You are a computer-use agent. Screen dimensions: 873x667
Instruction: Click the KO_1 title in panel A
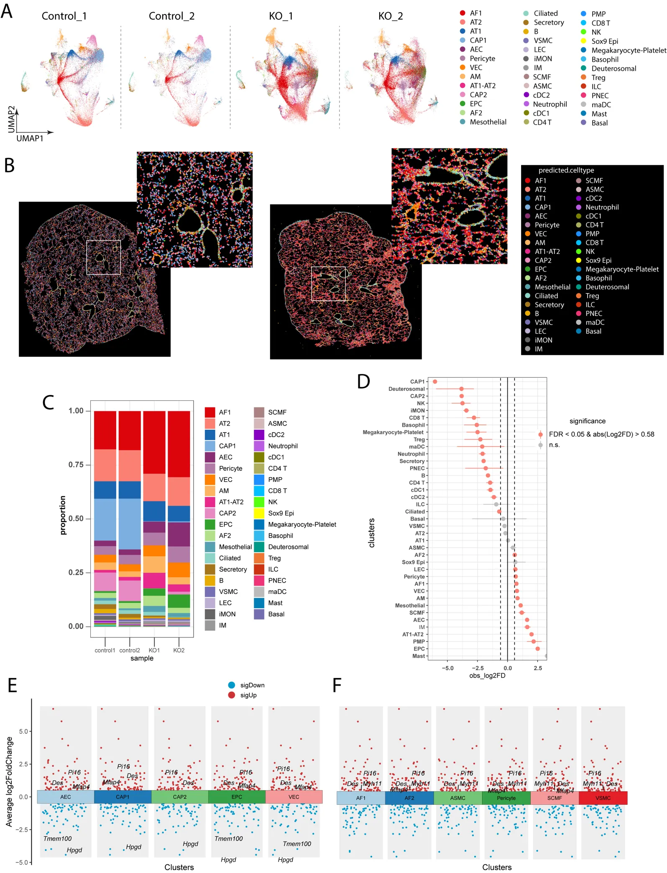(281, 16)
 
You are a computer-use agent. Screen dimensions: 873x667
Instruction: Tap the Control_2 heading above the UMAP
(171, 16)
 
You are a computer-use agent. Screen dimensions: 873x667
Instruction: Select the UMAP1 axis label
(30, 138)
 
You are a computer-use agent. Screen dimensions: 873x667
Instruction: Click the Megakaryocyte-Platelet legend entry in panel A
(629, 50)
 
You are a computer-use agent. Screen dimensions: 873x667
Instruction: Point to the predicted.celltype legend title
(566, 170)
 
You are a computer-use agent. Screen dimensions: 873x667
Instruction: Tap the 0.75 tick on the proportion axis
(76, 465)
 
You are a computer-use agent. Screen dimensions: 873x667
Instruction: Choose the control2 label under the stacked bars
(130, 650)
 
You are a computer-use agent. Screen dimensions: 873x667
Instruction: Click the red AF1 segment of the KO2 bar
(179, 443)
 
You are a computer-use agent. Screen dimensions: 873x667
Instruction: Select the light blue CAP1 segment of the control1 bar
(105, 519)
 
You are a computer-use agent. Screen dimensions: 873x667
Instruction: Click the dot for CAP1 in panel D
(435, 381)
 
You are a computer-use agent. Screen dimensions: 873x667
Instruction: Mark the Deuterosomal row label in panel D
(406, 389)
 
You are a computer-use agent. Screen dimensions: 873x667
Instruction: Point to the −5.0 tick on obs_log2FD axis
(447, 668)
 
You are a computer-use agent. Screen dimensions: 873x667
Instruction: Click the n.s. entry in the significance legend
(554, 445)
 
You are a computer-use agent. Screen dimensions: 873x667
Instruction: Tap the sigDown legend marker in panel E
(232, 685)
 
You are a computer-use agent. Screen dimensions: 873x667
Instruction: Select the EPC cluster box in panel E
(237, 797)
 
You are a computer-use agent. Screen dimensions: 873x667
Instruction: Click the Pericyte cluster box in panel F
(506, 798)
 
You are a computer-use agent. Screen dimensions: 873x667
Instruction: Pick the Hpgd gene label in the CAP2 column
(190, 844)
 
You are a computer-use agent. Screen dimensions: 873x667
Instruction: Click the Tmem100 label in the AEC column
(58, 839)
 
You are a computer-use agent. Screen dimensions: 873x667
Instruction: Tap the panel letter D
(363, 381)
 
